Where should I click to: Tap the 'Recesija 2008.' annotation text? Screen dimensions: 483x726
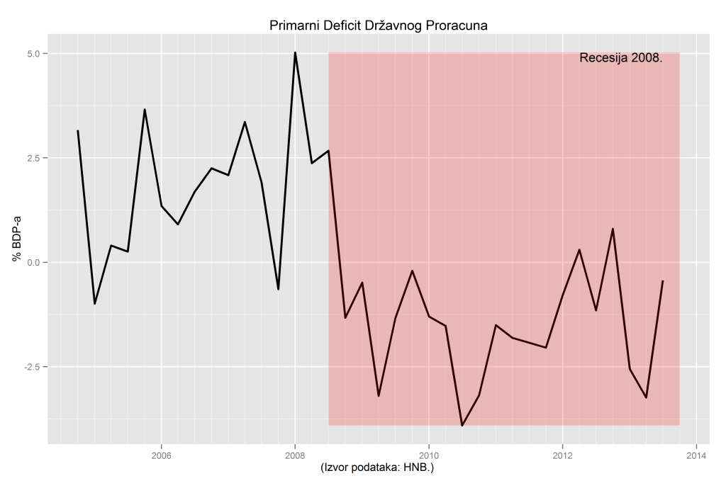pos(620,58)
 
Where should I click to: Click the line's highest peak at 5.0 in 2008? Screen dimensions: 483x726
pos(295,52)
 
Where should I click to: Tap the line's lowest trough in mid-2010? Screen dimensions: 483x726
pos(462,426)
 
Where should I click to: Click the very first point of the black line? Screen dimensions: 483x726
pos(78,130)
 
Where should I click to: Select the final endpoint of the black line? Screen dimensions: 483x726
pos(663,281)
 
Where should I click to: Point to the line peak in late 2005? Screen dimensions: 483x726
pos(145,110)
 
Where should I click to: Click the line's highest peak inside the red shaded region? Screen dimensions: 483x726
pos(613,229)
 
